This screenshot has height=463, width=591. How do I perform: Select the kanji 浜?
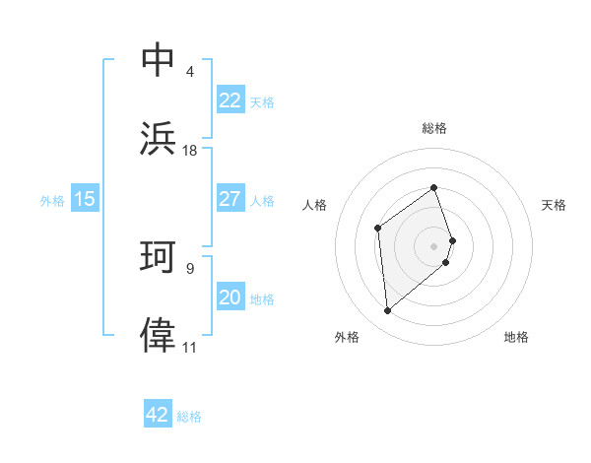(159, 137)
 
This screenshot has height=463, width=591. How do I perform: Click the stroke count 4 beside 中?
(189, 72)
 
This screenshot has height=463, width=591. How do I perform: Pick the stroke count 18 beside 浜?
(190, 150)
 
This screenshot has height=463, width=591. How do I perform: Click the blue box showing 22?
(230, 100)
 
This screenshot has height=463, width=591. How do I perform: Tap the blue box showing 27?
(230, 199)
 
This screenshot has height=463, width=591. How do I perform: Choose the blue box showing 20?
(230, 298)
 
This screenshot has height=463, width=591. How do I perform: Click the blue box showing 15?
(85, 199)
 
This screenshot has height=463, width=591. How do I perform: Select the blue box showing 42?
(158, 415)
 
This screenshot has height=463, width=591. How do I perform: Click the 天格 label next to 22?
(262, 101)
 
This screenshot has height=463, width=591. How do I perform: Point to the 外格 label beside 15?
(52, 200)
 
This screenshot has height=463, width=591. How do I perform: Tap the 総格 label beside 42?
(189, 416)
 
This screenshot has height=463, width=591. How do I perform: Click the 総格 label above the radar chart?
(434, 128)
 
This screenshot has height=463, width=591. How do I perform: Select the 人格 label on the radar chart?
(314, 205)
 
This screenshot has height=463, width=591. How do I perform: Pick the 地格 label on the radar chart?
(516, 337)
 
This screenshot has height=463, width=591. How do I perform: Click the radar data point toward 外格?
(387, 311)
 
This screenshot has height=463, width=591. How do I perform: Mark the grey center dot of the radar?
(434, 245)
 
